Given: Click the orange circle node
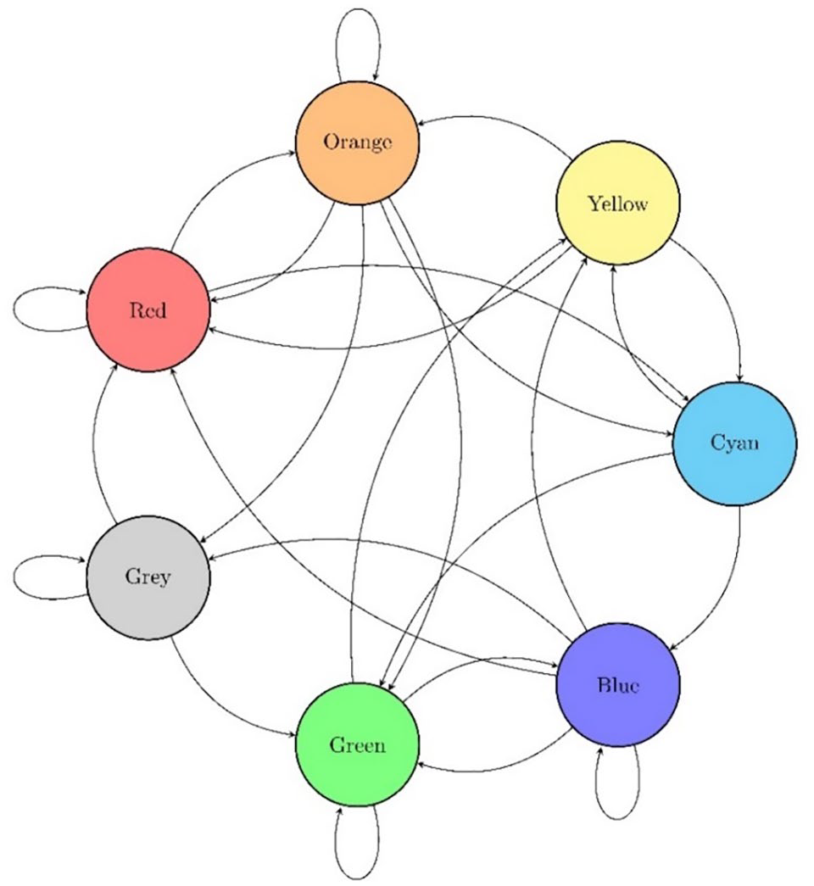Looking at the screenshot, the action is (x=357, y=142).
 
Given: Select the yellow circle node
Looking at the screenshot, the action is (x=618, y=203).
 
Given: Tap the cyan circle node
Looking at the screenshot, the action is (x=734, y=443).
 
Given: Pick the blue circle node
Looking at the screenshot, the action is (x=618, y=685).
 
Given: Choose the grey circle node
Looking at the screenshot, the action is (x=148, y=577).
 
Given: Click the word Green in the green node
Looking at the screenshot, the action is (x=357, y=744).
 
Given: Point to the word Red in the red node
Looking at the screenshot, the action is (x=148, y=310).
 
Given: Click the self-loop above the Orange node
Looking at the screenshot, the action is (x=358, y=9).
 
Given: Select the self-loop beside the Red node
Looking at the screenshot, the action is (x=14, y=309).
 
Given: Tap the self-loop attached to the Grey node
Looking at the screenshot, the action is (x=14, y=577).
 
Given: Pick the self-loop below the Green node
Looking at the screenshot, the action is (x=357, y=877).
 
